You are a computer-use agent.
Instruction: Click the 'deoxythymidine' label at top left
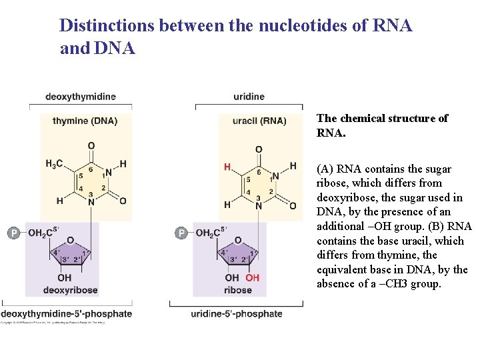point(80,97)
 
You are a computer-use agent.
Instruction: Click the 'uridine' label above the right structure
point(249,97)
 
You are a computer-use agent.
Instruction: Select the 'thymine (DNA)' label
point(85,121)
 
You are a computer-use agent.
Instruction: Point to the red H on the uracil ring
point(227,167)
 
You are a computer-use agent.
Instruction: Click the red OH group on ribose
point(252,277)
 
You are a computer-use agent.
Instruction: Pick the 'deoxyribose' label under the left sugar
point(70,290)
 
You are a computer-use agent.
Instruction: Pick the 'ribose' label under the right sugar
point(238,290)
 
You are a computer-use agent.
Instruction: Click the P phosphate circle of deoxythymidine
point(13,233)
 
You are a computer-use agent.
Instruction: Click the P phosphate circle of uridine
point(181,233)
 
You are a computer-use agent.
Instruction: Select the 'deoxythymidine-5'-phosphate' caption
point(66,313)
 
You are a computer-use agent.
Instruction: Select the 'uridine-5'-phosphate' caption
point(237,313)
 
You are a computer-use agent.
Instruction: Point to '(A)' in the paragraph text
point(326,169)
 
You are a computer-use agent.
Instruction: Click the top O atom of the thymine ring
point(91,146)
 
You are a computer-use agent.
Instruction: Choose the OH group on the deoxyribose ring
point(65,277)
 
